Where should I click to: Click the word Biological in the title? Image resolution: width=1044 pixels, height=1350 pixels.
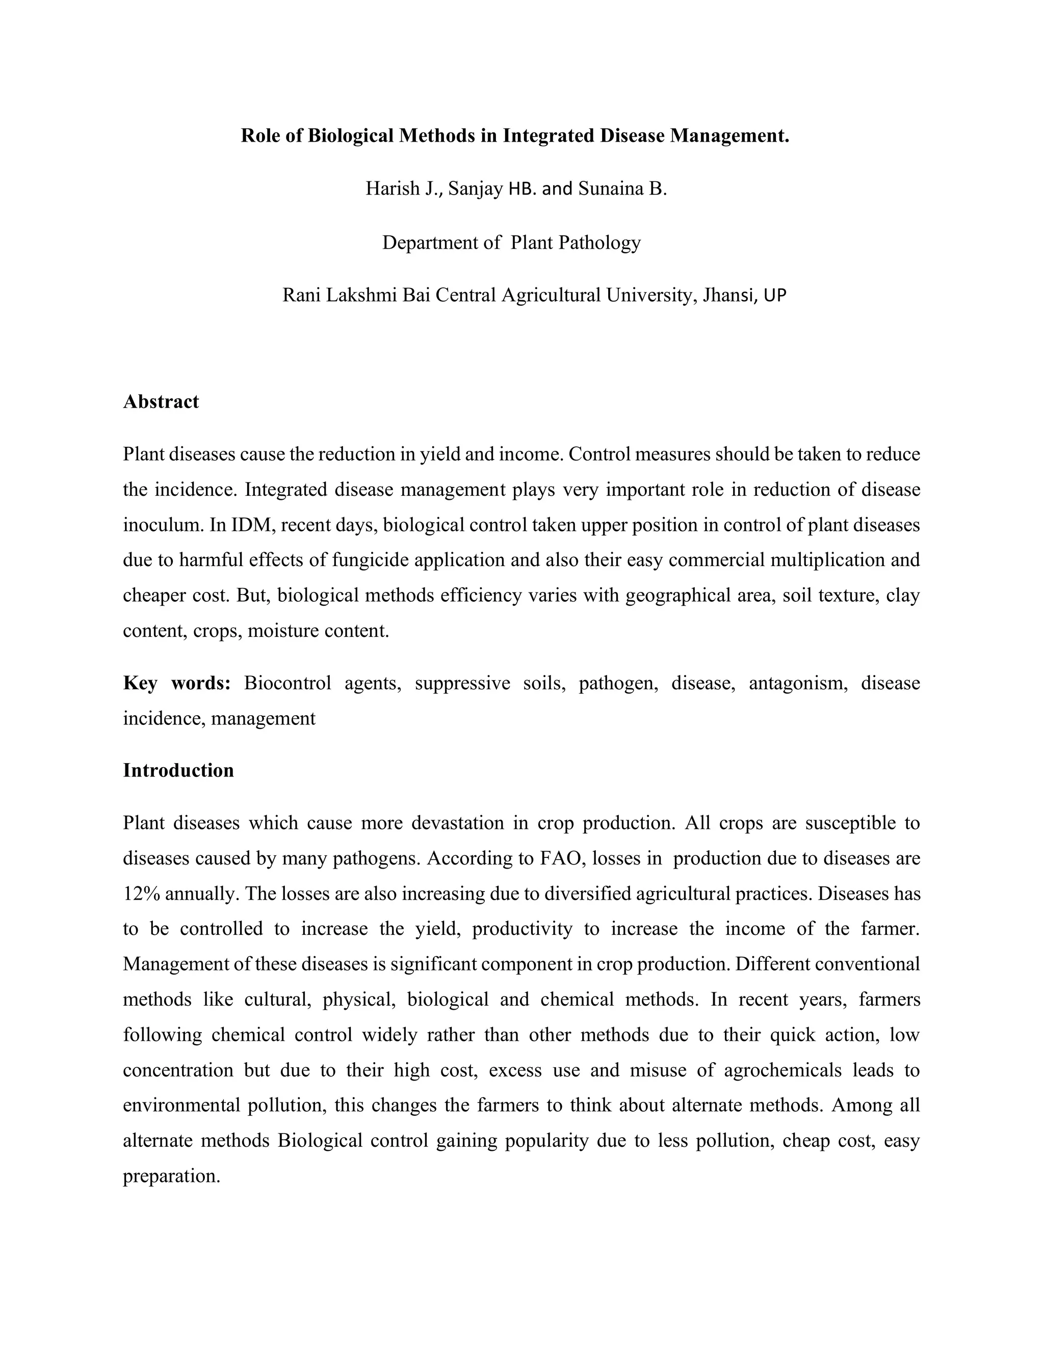(x=350, y=136)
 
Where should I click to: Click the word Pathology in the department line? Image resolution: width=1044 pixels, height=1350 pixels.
(x=599, y=242)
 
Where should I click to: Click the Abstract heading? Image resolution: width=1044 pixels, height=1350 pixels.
(x=161, y=402)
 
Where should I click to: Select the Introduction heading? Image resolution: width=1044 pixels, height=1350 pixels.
(x=178, y=771)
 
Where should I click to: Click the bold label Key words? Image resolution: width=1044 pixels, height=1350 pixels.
(x=177, y=684)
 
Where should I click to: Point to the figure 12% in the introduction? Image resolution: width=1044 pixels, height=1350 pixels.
(x=142, y=895)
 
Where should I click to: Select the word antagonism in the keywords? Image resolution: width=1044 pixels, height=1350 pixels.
(x=798, y=684)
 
